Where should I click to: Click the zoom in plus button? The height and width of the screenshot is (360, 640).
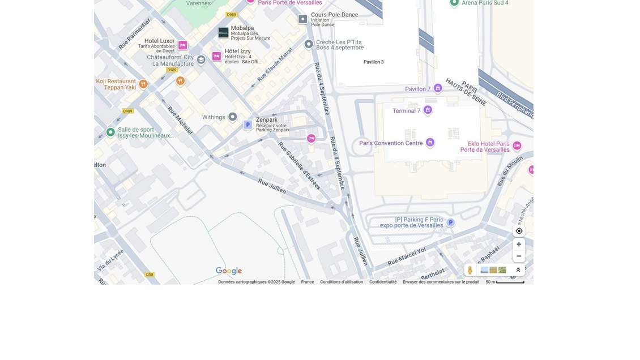click(x=519, y=245)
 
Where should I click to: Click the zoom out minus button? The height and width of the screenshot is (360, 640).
click(x=519, y=256)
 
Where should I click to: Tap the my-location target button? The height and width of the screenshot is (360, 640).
click(x=519, y=231)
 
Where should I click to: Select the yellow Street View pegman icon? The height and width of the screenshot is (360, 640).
click(x=470, y=271)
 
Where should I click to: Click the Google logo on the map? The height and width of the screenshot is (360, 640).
click(x=229, y=271)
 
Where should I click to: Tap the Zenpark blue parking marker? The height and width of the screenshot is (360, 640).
click(x=248, y=125)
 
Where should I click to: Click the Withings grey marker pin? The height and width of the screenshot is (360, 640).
click(x=232, y=117)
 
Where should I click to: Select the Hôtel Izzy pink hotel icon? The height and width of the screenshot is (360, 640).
click(x=216, y=56)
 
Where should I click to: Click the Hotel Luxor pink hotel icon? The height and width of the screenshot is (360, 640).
click(x=182, y=45)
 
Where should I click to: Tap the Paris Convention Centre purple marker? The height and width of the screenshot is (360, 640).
click(x=430, y=143)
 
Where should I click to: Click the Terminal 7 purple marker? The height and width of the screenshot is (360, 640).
click(x=428, y=110)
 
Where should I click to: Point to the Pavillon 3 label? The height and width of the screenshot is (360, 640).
click(x=373, y=62)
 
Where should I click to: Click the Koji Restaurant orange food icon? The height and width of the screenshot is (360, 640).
click(x=143, y=84)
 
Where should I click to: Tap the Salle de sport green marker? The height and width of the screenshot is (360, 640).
click(x=110, y=132)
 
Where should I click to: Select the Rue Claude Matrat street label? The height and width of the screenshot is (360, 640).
click(x=275, y=63)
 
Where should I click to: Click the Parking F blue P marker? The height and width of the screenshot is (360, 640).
click(x=450, y=222)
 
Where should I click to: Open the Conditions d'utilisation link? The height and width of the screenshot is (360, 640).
click(x=342, y=282)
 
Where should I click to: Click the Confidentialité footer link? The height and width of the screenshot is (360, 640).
click(x=383, y=282)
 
